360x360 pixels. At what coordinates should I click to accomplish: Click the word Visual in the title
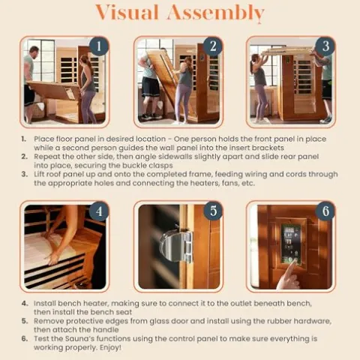coord(127,12)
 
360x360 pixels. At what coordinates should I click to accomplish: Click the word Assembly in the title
coord(216,13)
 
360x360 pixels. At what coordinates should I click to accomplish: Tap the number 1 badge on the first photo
coord(99,46)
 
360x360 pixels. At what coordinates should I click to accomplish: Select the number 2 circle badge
coord(213,46)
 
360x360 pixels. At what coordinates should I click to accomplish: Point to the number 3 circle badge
coord(325,46)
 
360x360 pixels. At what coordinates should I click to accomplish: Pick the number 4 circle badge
coord(99,211)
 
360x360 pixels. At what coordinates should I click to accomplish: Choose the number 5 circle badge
coord(213,211)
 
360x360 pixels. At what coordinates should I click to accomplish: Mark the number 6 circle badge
coord(325,211)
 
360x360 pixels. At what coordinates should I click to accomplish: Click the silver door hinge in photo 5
coord(176,246)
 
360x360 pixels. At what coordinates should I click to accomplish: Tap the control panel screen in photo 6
coord(291,242)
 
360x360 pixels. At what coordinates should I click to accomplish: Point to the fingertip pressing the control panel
coord(295,261)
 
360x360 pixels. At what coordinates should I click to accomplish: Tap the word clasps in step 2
coord(160,166)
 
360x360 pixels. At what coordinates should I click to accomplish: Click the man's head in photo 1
coord(34,51)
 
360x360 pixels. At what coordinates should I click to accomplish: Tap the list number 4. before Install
coord(25,304)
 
